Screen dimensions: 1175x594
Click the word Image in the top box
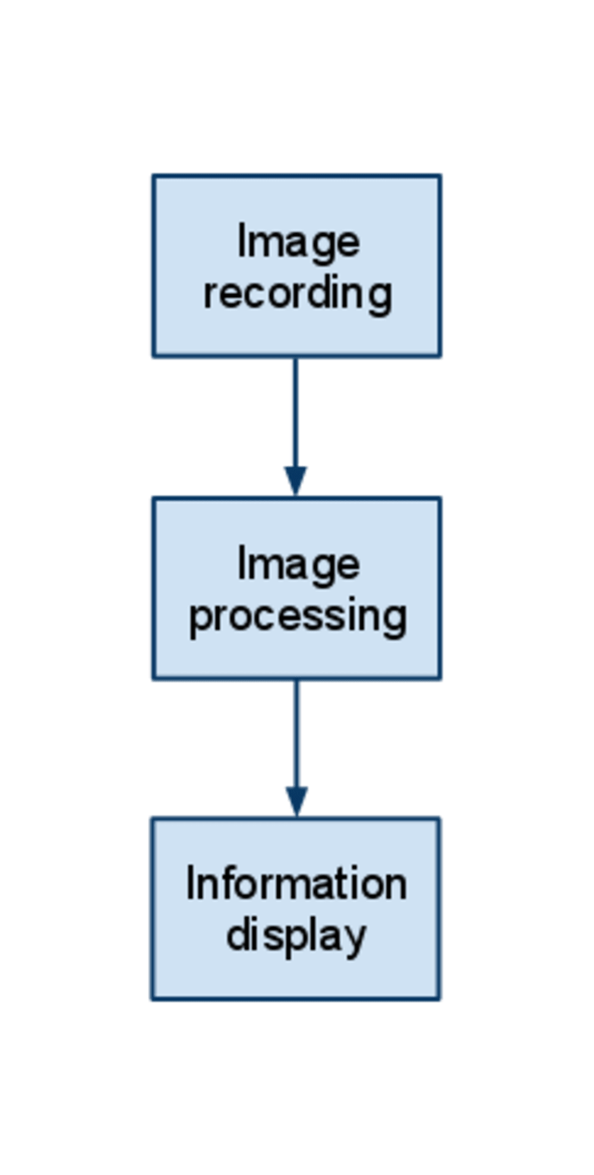(298, 242)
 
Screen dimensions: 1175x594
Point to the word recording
(298, 293)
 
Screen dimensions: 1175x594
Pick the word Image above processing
(298, 565)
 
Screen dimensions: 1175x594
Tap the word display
(296, 936)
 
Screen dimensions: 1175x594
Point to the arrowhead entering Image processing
(295, 479)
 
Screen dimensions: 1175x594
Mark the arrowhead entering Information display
(296, 799)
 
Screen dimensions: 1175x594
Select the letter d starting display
(238, 935)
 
